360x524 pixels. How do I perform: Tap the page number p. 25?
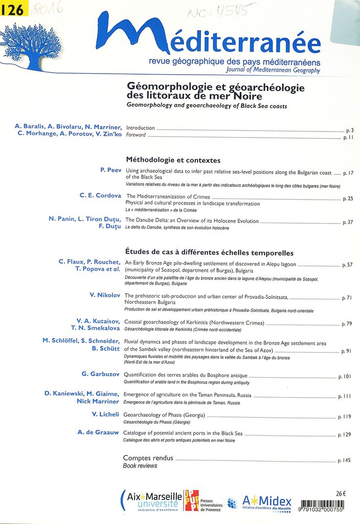coord(348,198)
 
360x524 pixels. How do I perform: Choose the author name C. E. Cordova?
coord(100,195)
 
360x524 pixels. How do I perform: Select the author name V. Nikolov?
coord(105,295)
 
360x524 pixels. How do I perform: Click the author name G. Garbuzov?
coord(101,375)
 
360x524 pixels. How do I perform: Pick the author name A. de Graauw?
coord(98,432)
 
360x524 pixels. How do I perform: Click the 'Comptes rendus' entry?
coord(148,458)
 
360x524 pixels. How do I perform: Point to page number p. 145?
coord(344,461)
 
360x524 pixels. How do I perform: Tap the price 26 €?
coord(341,494)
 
